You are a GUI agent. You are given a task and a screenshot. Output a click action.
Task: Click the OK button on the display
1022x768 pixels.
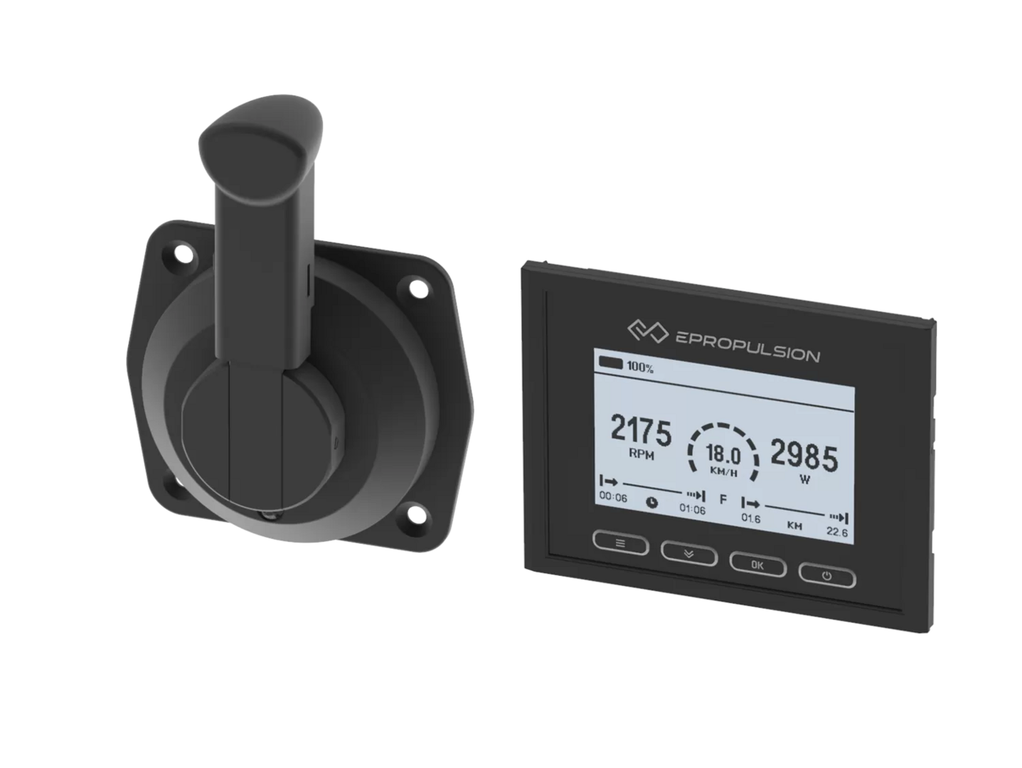pyautogui.click(x=757, y=565)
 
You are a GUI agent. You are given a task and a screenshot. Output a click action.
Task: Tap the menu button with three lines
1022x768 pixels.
pyautogui.click(x=621, y=543)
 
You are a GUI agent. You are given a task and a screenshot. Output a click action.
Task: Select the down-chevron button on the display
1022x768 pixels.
pyautogui.click(x=689, y=553)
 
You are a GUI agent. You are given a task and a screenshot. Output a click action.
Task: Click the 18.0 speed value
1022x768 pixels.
pyautogui.click(x=723, y=454)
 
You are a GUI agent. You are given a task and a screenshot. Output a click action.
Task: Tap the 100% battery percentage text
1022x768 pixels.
pyautogui.click(x=640, y=367)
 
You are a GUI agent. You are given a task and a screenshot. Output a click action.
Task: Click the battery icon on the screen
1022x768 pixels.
pyautogui.click(x=610, y=363)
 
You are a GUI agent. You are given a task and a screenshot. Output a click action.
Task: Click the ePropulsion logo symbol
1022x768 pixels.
pyautogui.click(x=648, y=331)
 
